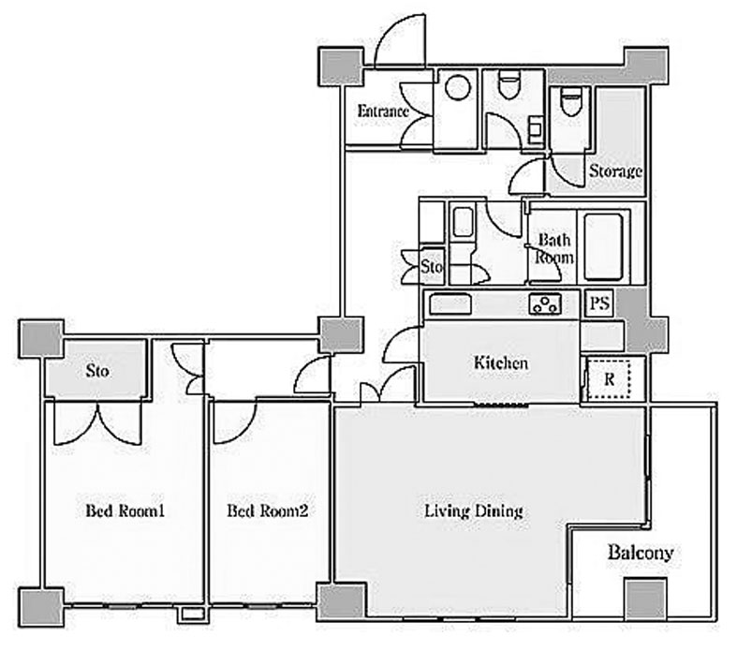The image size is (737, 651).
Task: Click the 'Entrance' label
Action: click(x=383, y=111)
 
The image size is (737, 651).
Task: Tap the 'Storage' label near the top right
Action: click(x=616, y=171)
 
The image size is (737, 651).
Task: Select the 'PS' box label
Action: click(x=599, y=303)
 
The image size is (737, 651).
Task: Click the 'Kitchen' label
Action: click(x=501, y=362)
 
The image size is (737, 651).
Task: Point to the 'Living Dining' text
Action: click(x=474, y=511)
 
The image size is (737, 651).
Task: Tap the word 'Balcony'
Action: click(x=641, y=553)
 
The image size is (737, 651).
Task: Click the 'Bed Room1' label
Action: click(x=125, y=510)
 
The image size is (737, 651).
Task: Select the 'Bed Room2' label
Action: click(x=268, y=510)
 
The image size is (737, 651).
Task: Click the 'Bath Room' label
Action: click(x=554, y=248)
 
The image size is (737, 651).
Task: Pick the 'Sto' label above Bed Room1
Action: click(x=97, y=371)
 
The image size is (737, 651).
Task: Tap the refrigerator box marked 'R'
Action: click(x=609, y=378)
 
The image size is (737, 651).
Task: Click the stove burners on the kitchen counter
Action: click(x=545, y=303)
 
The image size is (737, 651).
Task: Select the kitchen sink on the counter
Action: click(x=450, y=304)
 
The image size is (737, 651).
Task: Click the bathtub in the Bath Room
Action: click(x=603, y=247)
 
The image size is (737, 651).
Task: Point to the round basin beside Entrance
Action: click(x=458, y=87)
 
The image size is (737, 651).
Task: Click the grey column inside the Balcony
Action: click(x=646, y=598)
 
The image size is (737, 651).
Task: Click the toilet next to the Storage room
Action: click(x=571, y=101)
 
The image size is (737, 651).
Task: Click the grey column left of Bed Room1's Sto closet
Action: click(x=41, y=338)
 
